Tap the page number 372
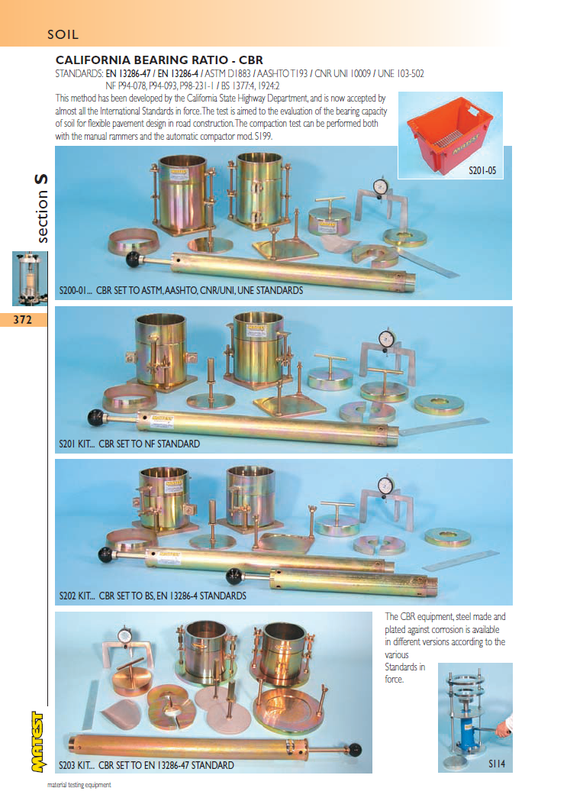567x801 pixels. (x=22, y=320)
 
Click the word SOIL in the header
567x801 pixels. (x=63, y=34)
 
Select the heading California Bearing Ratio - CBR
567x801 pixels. (x=159, y=60)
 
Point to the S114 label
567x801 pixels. (x=497, y=764)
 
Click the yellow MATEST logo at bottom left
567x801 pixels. (x=37, y=741)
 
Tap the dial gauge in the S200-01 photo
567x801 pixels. (x=380, y=186)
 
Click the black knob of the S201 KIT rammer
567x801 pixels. (x=95, y=418)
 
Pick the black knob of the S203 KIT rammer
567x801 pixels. (x=355, y=750)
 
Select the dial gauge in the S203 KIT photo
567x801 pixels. (x=125, y=636)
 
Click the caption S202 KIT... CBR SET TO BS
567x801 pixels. (x=153, y=596)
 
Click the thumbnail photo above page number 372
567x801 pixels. (x=30, y=279)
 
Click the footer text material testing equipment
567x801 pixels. (x=79, y=785)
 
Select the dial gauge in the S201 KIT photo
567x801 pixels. (x=387, y=338)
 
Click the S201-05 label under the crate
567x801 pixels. (x=482, y=170)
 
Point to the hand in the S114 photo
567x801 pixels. (x=503, y=729)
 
